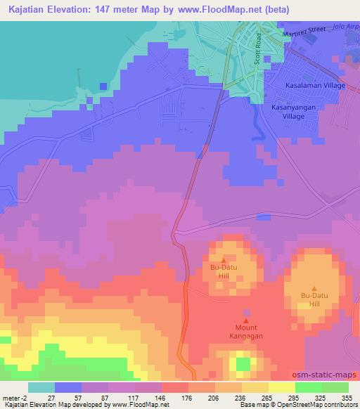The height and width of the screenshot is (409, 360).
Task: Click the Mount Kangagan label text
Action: pos(246,332)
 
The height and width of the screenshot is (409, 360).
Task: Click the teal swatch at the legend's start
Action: pos(41,387)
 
